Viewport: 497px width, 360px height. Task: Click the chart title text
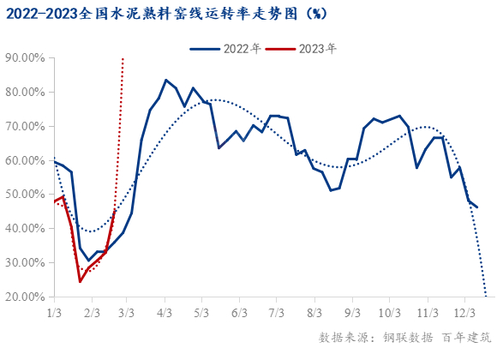[x=166, y=15]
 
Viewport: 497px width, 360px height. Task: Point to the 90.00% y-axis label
[x=27, y=58]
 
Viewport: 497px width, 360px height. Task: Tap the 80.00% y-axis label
[x=27, y=93]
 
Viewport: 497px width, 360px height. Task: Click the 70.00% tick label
[x=27, y=127]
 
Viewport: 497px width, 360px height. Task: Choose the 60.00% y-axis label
[x=27, y=160]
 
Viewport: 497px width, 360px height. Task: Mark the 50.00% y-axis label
[x=27, y=195]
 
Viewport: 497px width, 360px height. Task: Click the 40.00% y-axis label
[x=27, y=229]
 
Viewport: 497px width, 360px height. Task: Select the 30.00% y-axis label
[x=27, y=263]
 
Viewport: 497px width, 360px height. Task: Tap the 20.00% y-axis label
[x=27, y=297]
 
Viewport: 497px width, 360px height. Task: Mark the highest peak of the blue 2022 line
[x=165, y=80]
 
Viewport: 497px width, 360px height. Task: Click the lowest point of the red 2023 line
[x=80, y=281]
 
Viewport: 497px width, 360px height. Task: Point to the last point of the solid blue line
[x=477, y=207]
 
